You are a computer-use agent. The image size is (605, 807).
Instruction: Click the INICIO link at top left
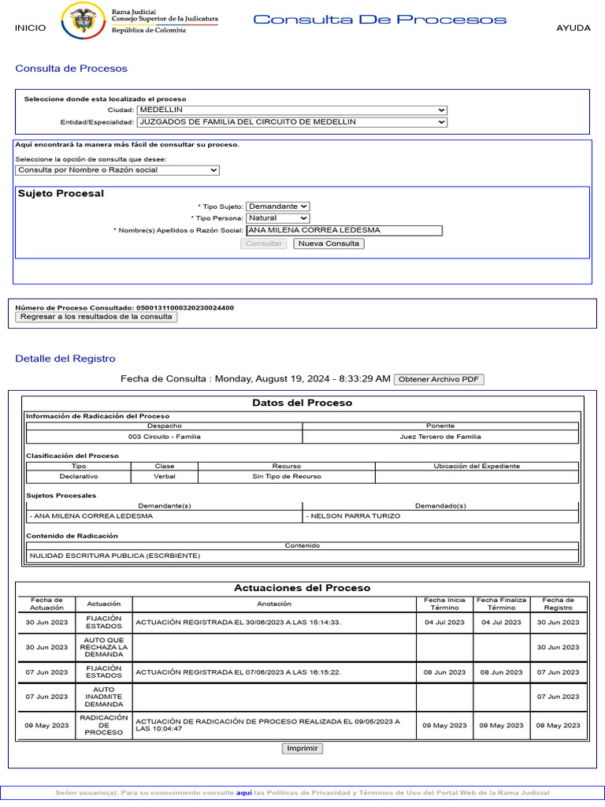point(30,28)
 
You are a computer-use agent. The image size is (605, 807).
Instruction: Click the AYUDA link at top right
point(573,28)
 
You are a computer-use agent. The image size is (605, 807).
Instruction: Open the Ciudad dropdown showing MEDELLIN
point(291,110)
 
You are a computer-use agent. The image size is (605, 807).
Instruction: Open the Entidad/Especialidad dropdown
point(291,122)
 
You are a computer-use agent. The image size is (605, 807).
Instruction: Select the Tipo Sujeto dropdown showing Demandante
point(277,206)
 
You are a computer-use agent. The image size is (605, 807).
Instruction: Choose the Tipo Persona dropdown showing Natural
point(277,218)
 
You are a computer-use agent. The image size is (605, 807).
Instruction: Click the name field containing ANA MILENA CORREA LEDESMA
point(343,231)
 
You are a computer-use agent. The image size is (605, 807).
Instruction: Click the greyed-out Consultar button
point(264,244)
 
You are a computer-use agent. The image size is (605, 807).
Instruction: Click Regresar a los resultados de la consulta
point(96,317)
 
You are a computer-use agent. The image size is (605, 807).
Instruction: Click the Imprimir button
point(302,749)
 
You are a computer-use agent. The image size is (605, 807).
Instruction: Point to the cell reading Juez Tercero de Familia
point(440,437)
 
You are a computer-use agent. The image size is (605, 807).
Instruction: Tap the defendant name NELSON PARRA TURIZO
point(355,516)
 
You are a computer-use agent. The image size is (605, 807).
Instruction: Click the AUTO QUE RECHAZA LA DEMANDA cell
point(104,647)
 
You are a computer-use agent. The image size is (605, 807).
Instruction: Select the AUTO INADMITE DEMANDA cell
point(104,697)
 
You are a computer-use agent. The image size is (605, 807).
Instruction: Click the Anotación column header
point(274,604)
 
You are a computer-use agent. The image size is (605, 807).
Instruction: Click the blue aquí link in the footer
point(243,793)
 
